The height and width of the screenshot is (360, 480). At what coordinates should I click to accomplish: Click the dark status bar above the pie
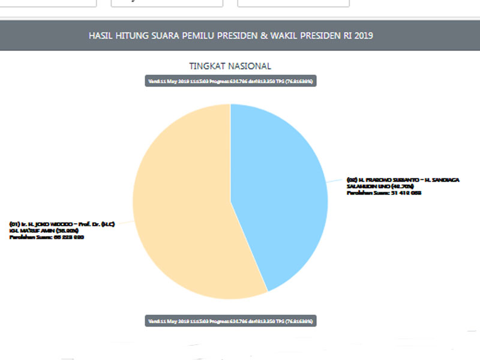[x=230, y=81]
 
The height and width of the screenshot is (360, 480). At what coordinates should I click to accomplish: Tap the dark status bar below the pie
[x=230, y=320]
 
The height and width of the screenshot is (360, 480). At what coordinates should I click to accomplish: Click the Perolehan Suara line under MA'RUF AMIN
[x=46, y=238]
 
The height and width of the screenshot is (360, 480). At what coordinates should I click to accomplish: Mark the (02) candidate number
[x=352, y=180]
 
